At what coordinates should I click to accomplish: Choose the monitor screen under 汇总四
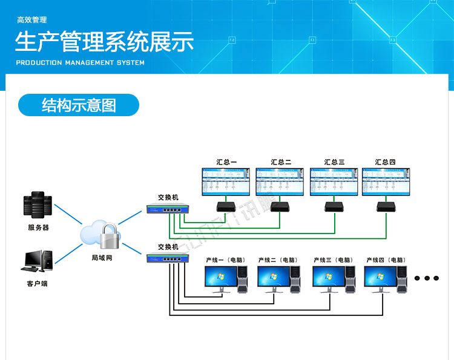[385, 181]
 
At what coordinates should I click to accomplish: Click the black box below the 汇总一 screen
[226, 206]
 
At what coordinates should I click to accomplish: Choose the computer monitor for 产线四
[380, 277]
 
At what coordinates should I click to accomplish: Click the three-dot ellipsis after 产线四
[427, 278]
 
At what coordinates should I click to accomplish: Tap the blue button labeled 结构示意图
[79, 105]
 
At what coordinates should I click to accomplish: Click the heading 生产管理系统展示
[104, 43]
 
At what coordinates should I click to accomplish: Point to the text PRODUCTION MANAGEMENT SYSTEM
[80, 62]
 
